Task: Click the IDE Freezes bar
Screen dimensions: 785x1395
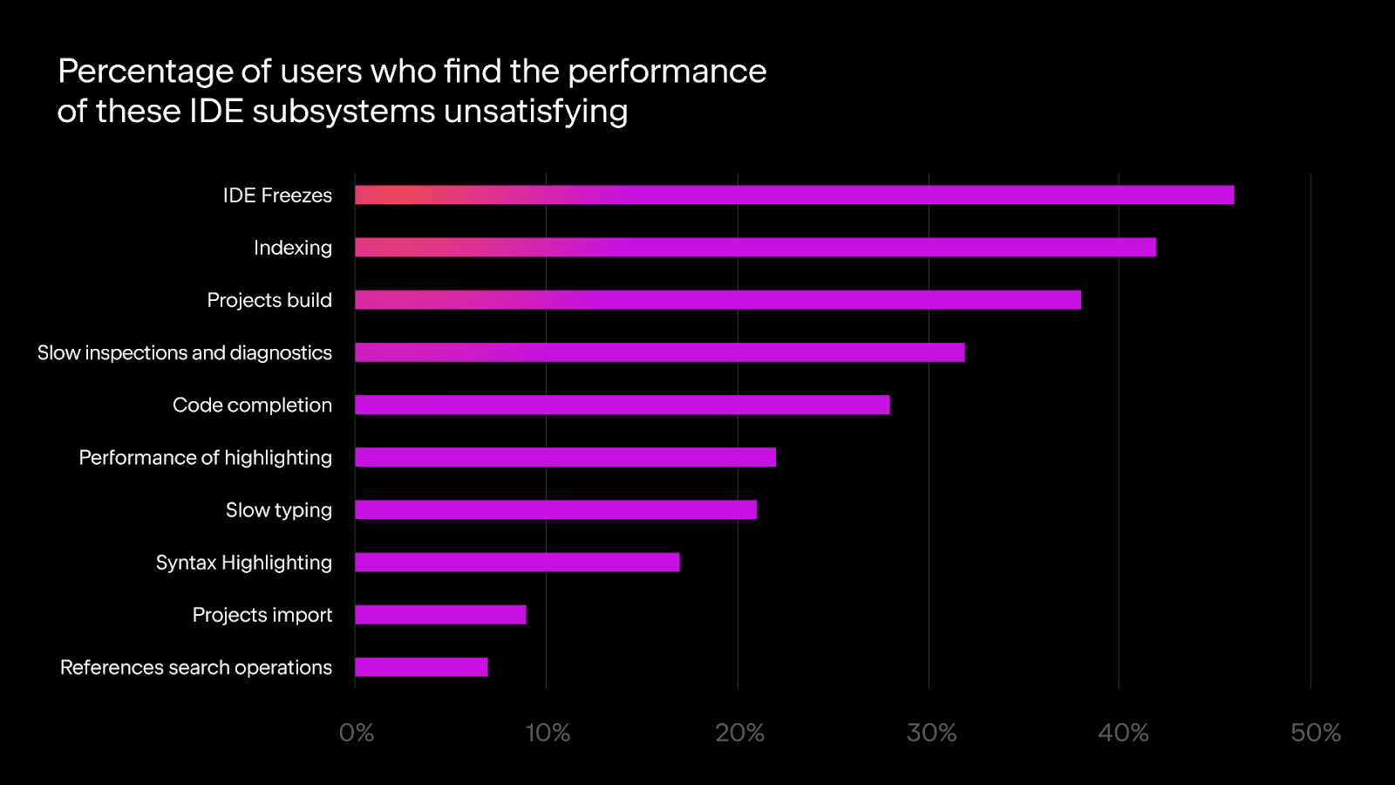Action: [x=793, y=195]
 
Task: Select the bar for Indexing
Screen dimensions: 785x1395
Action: [x=755, y=248]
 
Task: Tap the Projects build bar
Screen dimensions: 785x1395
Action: [x=718, y=300]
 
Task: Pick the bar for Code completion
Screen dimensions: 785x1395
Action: [x=622, y=405]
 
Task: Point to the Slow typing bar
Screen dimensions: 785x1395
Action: [x=555, y=509]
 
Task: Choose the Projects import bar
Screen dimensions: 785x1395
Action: [x=440, y=615]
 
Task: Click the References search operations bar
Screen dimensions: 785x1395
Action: [x=421, y=667]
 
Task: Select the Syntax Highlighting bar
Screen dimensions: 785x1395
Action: [x=517, y=563]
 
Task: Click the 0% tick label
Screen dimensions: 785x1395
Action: [x=357, y=733]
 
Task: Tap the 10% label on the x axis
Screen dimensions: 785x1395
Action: [x=548, y=733]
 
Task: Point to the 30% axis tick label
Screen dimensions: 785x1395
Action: [x=931, y=733]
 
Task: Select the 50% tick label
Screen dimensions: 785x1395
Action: [x=1316, y=733]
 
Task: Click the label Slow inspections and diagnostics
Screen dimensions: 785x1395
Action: [x=185, y=352]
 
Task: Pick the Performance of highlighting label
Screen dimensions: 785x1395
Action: [x=206, y=457]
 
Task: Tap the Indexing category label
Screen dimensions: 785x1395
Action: [x=293, y=248]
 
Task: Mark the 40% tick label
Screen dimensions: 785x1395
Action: [x=1123, y=733]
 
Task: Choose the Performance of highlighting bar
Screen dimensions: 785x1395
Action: [x=565, y=457]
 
